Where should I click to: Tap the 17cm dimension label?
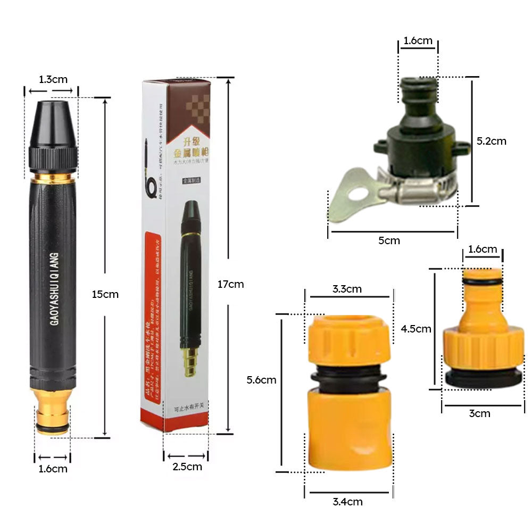(x=230, y=284)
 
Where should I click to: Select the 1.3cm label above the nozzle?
(x=53, y=79)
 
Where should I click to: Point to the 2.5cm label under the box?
(x=187, y=467)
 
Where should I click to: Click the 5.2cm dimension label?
(x=492, y=141)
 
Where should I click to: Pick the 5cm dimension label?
(x=389, y=240)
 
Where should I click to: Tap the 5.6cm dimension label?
(x=262, y=380)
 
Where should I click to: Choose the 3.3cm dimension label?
(x=347, y=289)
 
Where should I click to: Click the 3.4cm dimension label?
(x=347, y=501)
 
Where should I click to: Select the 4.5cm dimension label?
(x=415, y=329)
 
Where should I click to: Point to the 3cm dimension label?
(x=479, y=413)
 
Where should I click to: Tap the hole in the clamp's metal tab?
(x=352, y=195)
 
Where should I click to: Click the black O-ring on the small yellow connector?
(x=482, y=281)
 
